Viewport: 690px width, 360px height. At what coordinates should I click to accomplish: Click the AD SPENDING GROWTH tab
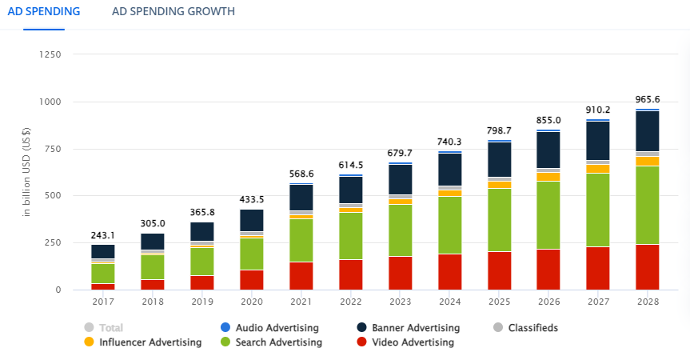tap(173, 12)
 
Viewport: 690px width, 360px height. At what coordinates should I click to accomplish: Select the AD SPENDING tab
tap(44, 12)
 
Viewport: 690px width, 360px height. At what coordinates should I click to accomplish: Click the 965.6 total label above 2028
tap(648, 100)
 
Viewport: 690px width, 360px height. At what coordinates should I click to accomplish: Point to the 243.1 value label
tap(102, 236)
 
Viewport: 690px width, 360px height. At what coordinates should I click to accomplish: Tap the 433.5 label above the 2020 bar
tap(251, 200)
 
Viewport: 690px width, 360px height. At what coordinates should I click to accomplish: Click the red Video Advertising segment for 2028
tap(648, 266)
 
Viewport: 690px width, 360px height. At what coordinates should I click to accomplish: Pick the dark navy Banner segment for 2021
tap(301, 198)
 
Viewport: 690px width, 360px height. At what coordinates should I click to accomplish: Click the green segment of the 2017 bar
tap(102, 273)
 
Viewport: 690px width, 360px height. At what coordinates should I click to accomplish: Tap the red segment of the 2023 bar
tap(401, 273)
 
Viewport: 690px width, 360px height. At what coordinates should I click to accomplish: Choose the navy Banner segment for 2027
tap(598, 141)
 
